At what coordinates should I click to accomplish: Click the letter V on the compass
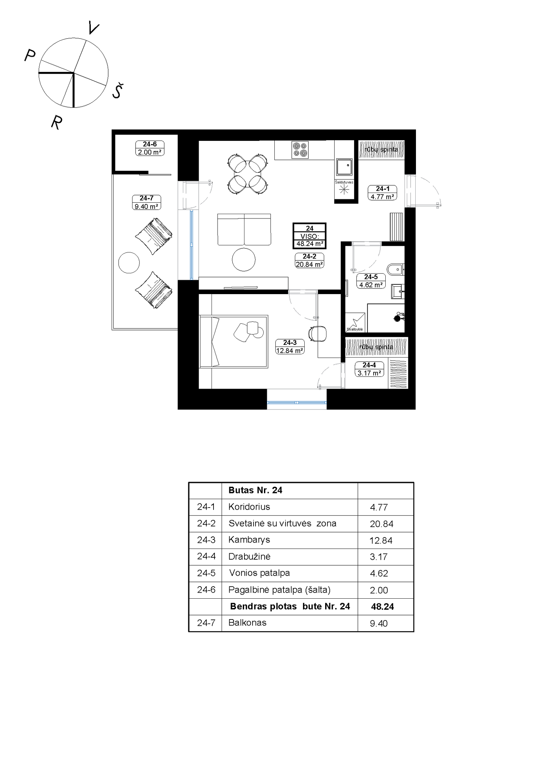pyautogui.click(x=94, y=28)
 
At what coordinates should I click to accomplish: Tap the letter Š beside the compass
pyautogui.click(x=117, y=91)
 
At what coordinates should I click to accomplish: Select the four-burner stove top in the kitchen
pyautogui.click(x=300, y=150)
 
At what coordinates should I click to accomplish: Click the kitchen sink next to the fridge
pyautogui.click(x=344, y=167)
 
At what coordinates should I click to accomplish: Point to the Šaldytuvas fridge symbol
pyautogui.click(x=344, y=190)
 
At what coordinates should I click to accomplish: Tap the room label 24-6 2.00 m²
pyautogui.click(x=150, y=148)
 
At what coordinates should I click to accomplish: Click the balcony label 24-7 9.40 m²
pyautogui.click(x=146, y=202)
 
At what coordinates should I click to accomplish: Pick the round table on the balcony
pyautogui.click(x=129, y=263)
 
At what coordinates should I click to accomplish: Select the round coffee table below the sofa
pyautogui.click(x=243, y=259)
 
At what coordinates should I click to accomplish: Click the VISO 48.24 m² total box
pyautogui.click(x=309, y=236)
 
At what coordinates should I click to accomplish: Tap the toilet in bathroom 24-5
pyautogui.click(x=395, y=269)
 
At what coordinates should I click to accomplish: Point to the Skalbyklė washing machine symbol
pyautogui.click(x=355, y=322)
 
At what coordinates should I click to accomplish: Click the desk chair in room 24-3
pyautogui.click(x=317, y=333)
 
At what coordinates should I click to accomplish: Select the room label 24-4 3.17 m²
pyautogui.click(x=369, y=369)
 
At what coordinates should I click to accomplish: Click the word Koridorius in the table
pyautogui.click(x=249, y=507)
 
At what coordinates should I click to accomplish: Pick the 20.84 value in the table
pyautogui.click(x=381, y=524)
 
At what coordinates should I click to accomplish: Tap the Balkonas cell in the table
pyautogui.click(x=247, y=623)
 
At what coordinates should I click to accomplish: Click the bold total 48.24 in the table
pyautogui.click(x=382, y=606)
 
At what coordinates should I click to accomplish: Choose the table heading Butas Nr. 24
pyautogui.click(x=255, y=490)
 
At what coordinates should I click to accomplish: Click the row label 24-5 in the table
pyautogui.click(x=206, y=573)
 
